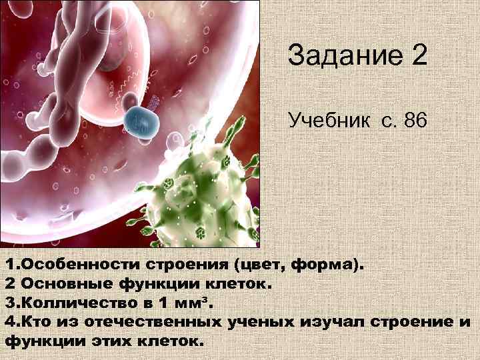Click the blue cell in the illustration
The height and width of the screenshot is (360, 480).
(141, 119)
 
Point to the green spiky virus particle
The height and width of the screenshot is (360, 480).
(200, 193)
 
